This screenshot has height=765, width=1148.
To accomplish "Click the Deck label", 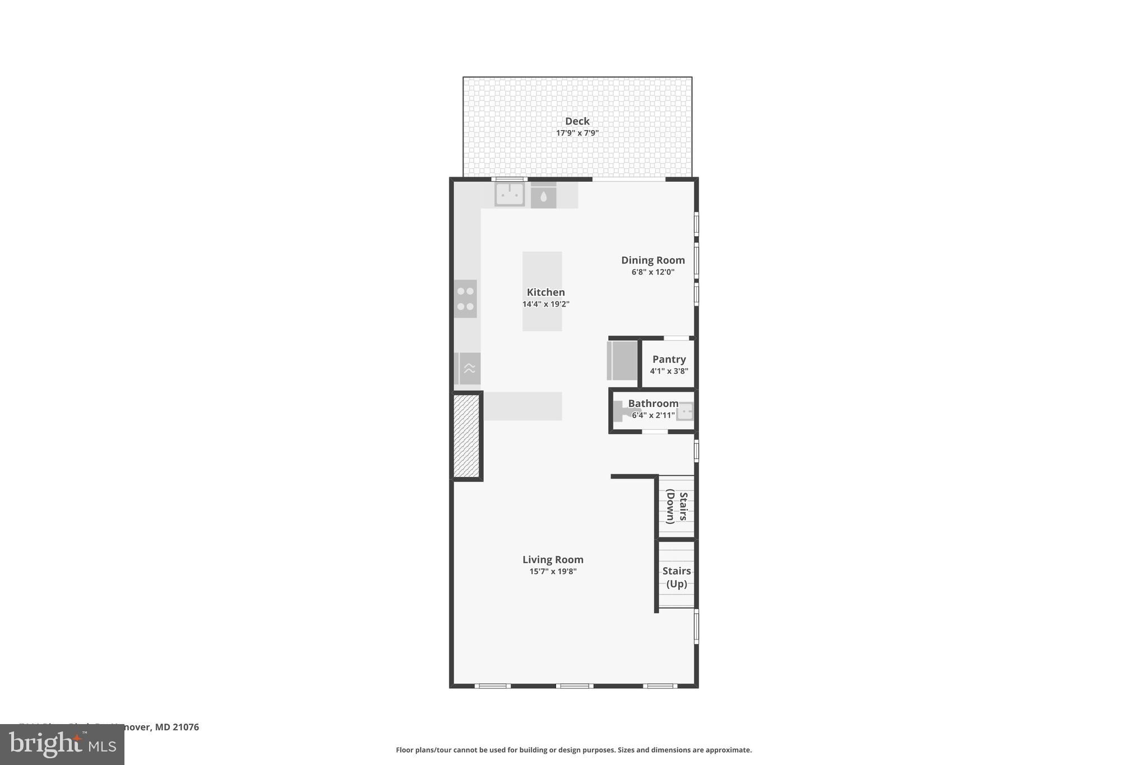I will pos(577,121).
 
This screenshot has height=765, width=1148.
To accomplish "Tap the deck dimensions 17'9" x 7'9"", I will pos(577,133).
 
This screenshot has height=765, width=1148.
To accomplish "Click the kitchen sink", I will pos(510,194).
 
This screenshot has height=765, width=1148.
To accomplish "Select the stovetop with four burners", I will pos(465,299).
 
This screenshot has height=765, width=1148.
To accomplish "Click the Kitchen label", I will pos(545,292).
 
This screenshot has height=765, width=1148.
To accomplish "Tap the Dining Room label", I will pos(652,260).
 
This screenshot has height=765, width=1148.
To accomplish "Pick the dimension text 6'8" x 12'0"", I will pos(652,272).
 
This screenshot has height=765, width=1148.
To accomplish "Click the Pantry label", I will pos(669,359).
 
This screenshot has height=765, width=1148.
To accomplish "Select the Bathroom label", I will pos(653,404).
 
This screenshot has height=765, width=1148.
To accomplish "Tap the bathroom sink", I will pos(685,412).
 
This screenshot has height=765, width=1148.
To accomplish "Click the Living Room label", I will pos(553,559).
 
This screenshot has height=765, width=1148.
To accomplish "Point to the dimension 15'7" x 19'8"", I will pos(553,572).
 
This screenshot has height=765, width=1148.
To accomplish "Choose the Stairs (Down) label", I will pos(676,506).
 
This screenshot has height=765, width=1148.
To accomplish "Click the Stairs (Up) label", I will pos(676,577).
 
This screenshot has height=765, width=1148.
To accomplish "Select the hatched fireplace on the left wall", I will pos(466,436).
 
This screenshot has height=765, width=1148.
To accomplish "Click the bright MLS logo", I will pos(62,745).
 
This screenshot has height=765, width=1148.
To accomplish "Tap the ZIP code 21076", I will pos(186,727).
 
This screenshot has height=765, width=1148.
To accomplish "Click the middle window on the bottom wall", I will pos(575,685).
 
